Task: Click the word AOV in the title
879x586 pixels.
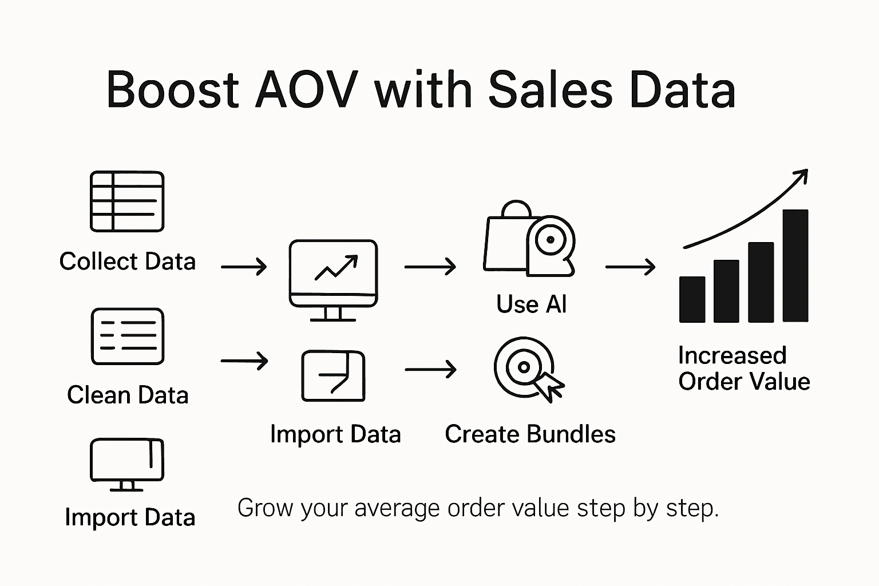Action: [307, 90]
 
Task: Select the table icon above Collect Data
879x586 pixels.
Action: [127, 201]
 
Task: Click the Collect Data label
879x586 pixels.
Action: [128, 262]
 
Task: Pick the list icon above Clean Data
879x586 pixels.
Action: [127, 336]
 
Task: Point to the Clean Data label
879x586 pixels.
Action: [128, 395]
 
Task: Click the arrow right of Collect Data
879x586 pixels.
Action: [244, 267]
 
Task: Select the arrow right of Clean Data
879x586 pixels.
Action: [244, 361]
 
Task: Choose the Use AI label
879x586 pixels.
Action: [532, 304]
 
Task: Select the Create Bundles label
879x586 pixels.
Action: [530, 434]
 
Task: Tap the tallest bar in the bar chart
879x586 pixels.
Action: [795, 266]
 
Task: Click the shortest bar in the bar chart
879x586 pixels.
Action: [692, 299]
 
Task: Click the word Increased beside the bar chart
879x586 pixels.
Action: [732, 355]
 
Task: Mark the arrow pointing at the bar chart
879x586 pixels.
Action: [630, 267]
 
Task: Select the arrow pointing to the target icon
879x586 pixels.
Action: [430, 370]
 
